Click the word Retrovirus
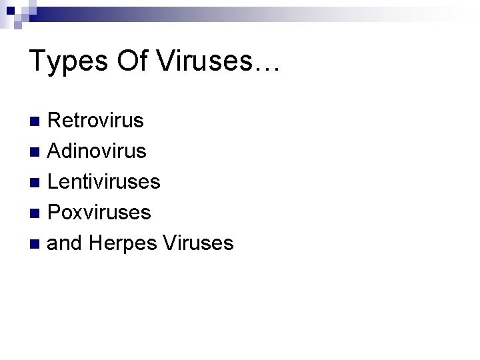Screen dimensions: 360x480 coord(96,121)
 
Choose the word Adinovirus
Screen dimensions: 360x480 coord(97,151)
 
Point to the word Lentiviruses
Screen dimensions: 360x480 coord(105,182)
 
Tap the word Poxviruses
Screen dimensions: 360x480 coord(100,213)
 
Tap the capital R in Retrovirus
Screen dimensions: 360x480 coord(56,121)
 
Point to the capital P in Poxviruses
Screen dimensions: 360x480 coord(55,213)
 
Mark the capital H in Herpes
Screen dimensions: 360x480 coord(95,243)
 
